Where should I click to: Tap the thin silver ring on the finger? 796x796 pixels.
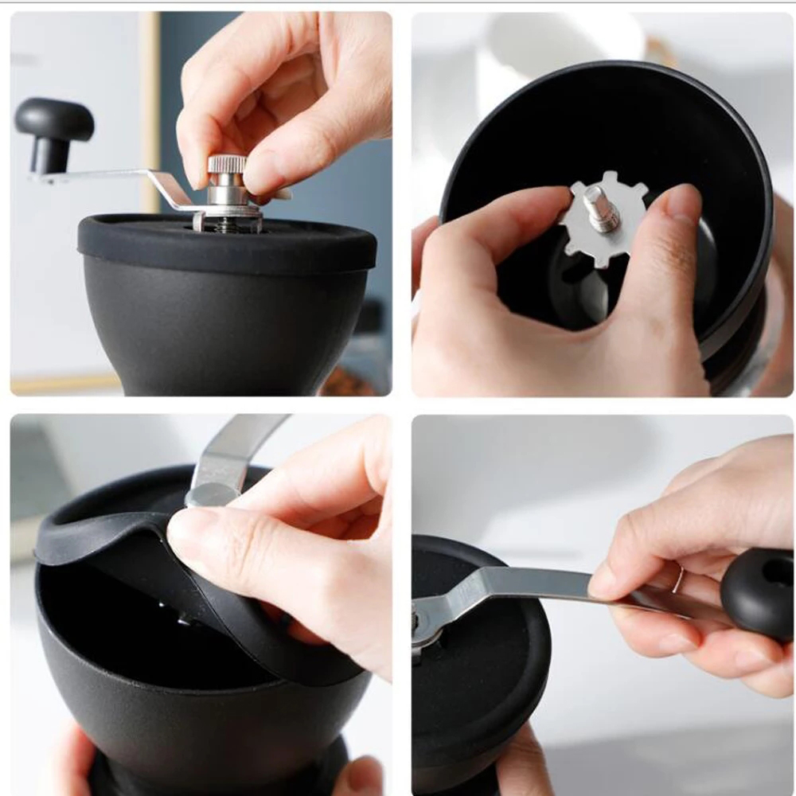pos(677,579)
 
